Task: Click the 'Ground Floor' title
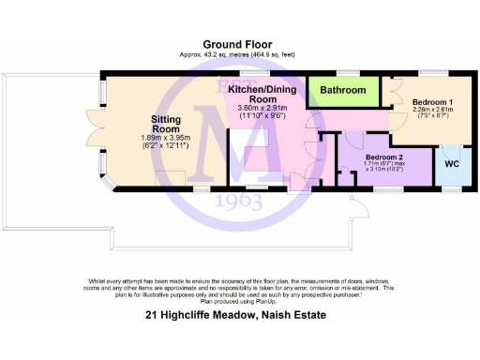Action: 239,44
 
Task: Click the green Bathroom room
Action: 343,91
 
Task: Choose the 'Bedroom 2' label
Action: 385,157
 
